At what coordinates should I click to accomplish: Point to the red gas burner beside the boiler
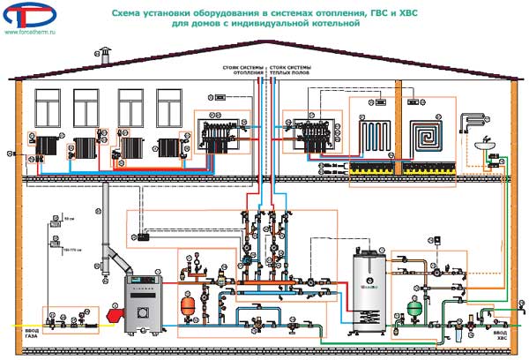[x=113, y=313]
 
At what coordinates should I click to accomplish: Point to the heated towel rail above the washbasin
[x=477, y=118]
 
